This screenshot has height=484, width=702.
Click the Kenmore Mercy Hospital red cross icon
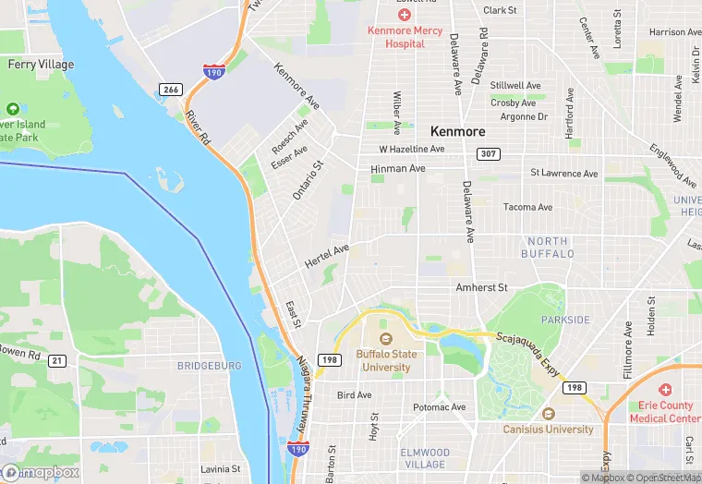(404, 15)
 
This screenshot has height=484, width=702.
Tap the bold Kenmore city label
(457, 131)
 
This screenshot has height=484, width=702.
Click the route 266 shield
(169, 89)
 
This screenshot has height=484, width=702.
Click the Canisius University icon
(548, 414)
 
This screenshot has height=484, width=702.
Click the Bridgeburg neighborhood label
(209, 366)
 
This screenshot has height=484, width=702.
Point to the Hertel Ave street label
(327, 257)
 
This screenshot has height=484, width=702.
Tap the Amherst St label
(481, 288)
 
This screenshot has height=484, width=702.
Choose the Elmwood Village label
(427, 459)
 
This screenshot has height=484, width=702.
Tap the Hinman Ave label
(397, 169)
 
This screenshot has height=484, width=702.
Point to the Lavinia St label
(221, 469)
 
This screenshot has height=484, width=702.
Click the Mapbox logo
(41, 472)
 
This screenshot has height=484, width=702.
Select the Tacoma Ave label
(527, 207)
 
